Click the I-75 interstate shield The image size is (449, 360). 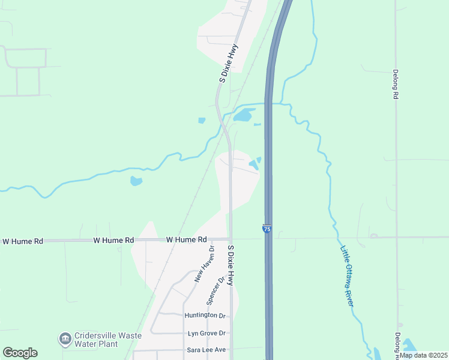pos(267,229)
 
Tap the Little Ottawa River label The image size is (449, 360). pos(348,276)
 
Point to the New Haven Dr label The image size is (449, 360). pos(204,264)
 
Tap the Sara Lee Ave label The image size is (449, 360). pos(206,350)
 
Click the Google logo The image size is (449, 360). pos(20,353)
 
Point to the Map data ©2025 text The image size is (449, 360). pos(423,355)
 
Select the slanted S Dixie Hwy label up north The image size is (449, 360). pos(229,62)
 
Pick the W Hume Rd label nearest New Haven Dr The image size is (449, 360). pos(186,239)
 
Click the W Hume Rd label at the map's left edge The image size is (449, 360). pos(23,241)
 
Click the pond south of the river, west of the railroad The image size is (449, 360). pos(136,181)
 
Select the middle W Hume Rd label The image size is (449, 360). pos(113,240)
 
